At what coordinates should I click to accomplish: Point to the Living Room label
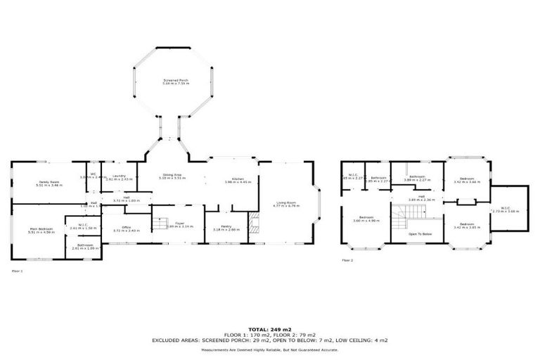point(286,205)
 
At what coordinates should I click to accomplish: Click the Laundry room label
point(120,177)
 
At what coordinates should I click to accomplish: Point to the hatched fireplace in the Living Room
point(255,226)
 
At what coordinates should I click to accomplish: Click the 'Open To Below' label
point(420,234)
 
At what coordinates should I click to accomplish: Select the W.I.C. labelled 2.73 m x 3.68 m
point(509,210)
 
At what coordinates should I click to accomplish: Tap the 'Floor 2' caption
point(347,260)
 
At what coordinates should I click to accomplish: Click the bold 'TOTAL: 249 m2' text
point(269,329)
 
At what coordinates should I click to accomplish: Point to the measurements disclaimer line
point(269,349)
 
